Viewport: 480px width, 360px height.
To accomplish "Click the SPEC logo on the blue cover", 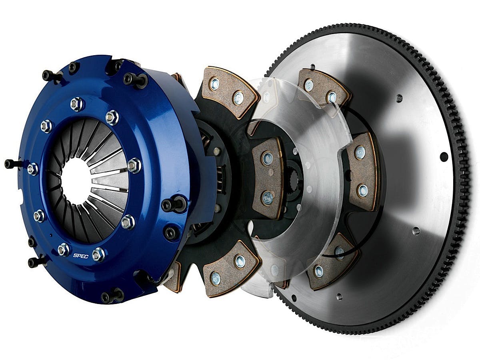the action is click(x=81, y=256).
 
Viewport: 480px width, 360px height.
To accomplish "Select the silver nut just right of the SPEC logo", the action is click(x=98, y=254).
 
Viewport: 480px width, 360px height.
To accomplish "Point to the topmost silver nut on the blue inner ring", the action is click(x=77, y=104).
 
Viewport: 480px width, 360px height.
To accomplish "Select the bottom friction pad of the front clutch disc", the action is click(x=231, y=268).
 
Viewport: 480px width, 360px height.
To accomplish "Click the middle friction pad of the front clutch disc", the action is click(x=268, y=178).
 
